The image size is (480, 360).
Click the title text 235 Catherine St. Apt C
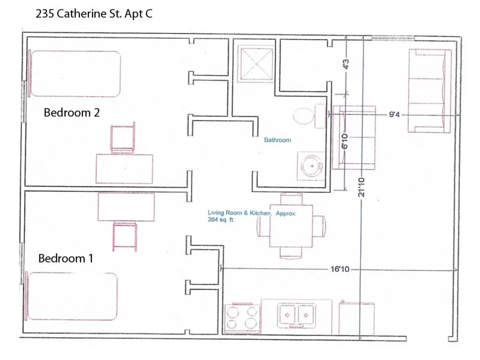coord(94,14)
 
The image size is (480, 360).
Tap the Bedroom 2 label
coord(72,113)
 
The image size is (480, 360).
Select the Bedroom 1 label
coord(66,258)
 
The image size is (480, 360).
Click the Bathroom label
coord(277,140)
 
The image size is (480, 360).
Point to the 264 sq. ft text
coord(221,220)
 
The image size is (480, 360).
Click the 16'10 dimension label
coord(340,269)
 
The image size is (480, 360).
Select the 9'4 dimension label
coord(394,115)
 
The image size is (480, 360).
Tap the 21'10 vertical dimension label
coord(361,187)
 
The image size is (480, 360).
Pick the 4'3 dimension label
coord(346,64)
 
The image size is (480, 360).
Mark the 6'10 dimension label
coord(345,141)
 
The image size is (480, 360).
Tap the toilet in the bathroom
coord(304,116)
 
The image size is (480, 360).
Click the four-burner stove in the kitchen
coord(242,318)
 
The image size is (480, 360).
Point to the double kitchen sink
coord(296,315)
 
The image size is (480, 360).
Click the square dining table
coord(291,226)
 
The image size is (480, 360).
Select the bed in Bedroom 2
coord(75,74)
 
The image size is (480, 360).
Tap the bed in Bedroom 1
coord(72,296)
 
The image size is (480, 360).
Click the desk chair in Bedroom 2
coord(123,138)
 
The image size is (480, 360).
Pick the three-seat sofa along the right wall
coord(429,91)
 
